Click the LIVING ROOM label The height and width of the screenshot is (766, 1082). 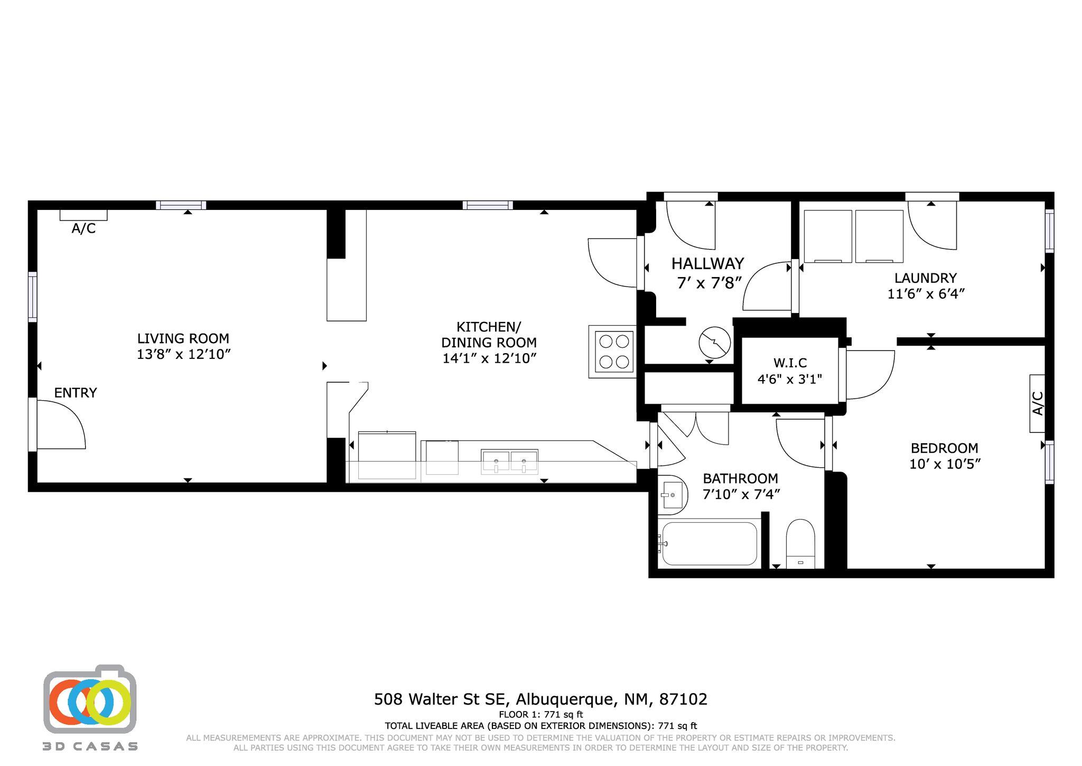pyautogui.click(x=183, y=338)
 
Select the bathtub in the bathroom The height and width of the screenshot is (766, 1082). pyautogui.click(x=710, y=544)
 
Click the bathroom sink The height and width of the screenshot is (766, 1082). pyautogui.click(x=671, y=495)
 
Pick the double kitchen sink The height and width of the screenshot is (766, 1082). pyautogui.click(x=509, y=461)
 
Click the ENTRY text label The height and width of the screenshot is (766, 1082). pyautogui.click(x=76, y=393)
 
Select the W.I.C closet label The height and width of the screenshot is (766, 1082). pyautogui.click(x=790, y=363)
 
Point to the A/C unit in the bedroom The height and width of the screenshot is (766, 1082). pyautogui.click(x=1037, y=403)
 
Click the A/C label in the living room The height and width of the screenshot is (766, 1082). pyautogui.click(x=83, y=228)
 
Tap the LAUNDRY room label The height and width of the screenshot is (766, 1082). pyautogui.click(x=926, y=278)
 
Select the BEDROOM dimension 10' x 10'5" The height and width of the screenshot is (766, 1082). pyautogui.click(x=945, y=464)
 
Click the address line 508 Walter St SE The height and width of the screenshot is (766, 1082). pyautogui.click(x=441, y=699)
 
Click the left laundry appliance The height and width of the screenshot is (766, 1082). pyautogui.click(x=828, y=236)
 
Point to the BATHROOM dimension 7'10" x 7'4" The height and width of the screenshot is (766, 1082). pyautogui.click(x=741, y=494)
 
